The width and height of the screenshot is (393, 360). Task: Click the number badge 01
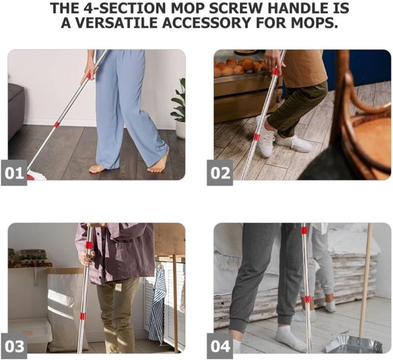pyautogui.click(x=14, y=173)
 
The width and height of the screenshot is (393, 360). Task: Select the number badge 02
pyautogui.click(x=220, y=173)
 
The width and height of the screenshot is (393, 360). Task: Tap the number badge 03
pyautogui.click(x=14, y=346)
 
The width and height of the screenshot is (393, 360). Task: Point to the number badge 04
pyautogui.click(x=220, y=346)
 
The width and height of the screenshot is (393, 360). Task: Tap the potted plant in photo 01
pyautogui.click(x=179, y=108)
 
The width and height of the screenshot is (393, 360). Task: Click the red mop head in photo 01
pyautogui.click(x=35, y=176)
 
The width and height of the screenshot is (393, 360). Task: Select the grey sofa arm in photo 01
pyautogui.click(x=16, y=110)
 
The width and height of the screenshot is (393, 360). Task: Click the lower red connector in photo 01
pyautogui.click(x=56, y=124)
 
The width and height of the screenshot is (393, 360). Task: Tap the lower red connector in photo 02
pyautogui.click(x=256, y=136)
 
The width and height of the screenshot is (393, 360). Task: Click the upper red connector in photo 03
pyautogui.click(x=88, y=245)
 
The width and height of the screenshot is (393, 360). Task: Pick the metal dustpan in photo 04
pyautogui.click(x=354, y=344)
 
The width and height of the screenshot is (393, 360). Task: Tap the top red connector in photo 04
pyautogui.click(x=304, y=230)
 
